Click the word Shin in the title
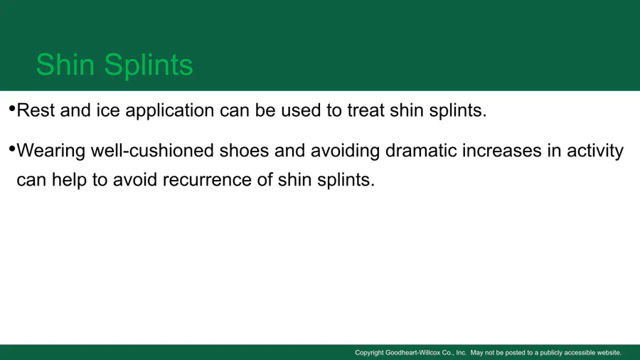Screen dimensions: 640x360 tap(65, 65)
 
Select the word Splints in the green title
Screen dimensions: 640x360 tap(149, 65)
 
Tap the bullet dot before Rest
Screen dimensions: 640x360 tap(12, 109)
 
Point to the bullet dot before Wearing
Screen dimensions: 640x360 tap(12, 149)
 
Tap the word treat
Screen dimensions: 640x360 tap(366, 110)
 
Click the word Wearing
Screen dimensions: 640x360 tap(51, 152)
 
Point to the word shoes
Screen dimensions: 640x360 tap(244, 150)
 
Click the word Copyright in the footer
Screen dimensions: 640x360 tap(369, 353)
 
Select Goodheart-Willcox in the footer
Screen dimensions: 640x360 tap(412, 353)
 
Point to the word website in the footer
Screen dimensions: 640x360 tap(609, 353)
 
